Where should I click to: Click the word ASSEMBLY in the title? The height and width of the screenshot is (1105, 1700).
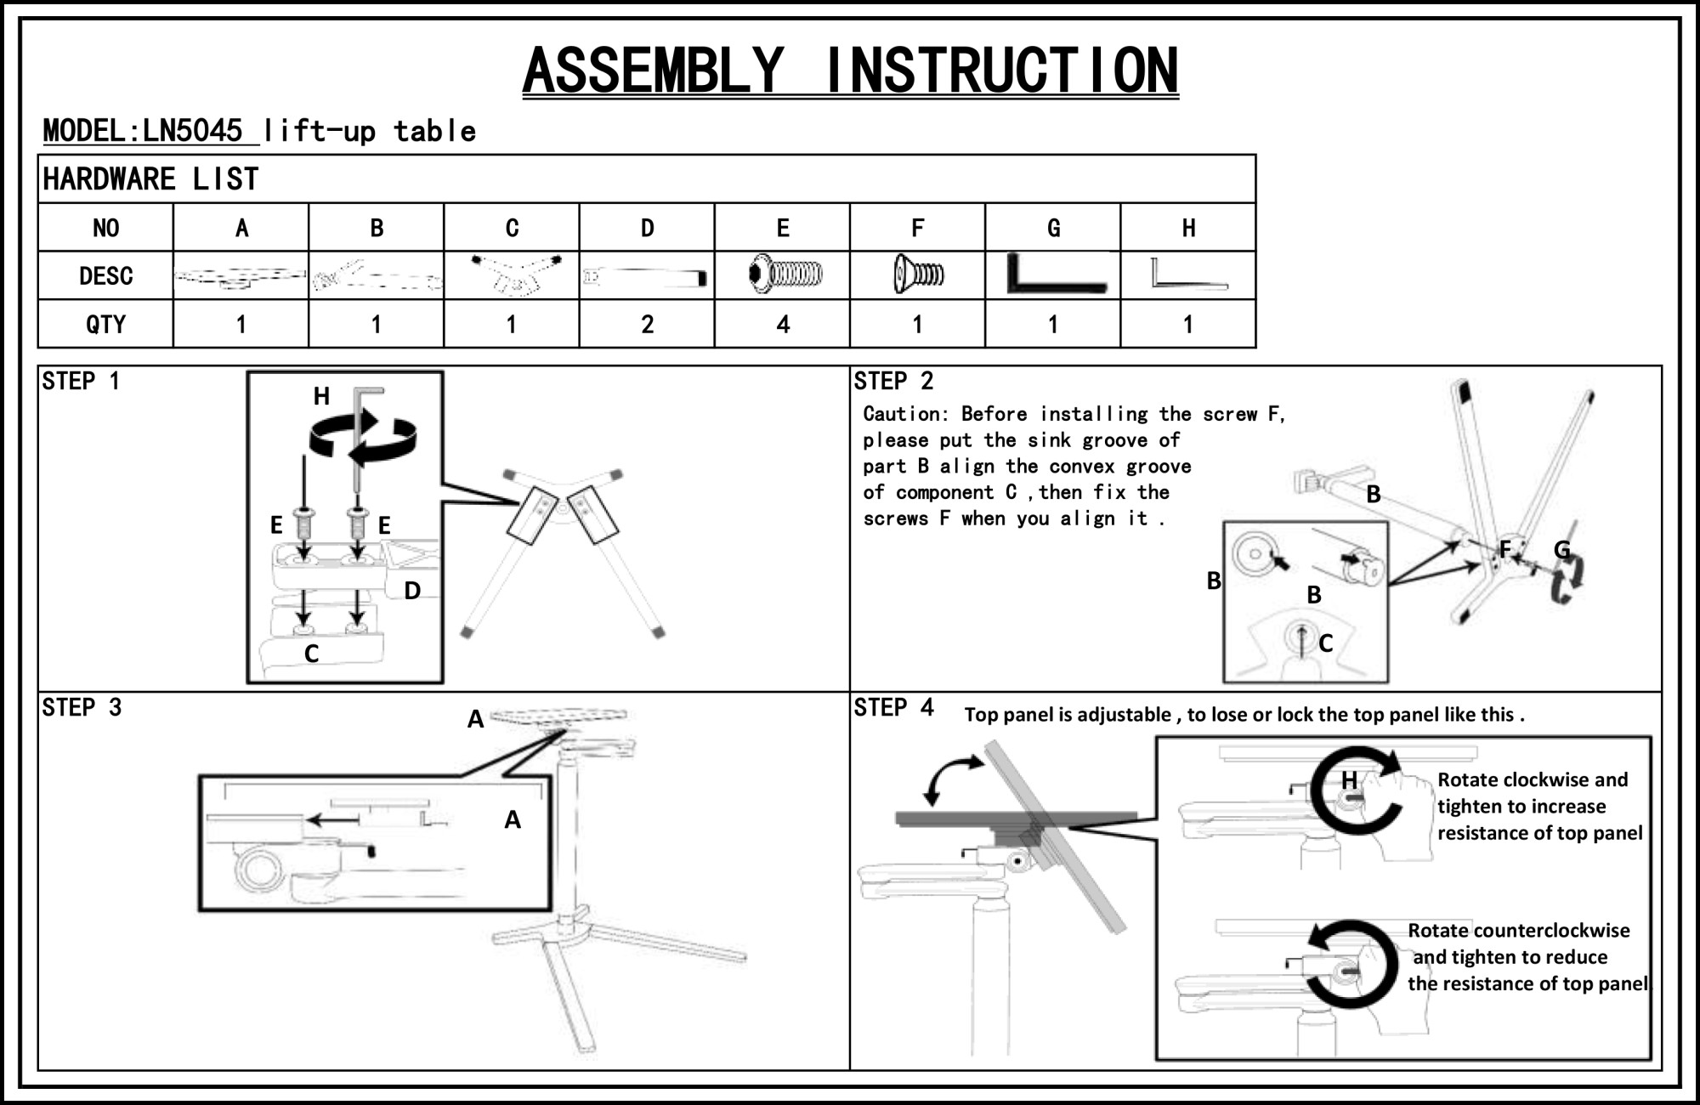[653, 70]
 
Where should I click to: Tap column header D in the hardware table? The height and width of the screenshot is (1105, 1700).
[647, 228]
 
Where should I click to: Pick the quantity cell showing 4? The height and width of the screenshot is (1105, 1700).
[782, 324]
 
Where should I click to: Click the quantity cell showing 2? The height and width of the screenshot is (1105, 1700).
[647, 324]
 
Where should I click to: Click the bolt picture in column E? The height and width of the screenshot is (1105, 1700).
[785, 275]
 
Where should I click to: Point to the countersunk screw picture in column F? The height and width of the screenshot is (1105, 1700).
[918, 275]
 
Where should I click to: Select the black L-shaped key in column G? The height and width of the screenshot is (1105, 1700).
[1054, 275]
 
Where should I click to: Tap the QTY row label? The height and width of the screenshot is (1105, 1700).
[105, 324]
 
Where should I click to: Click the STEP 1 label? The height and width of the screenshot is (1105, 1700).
[81, 381]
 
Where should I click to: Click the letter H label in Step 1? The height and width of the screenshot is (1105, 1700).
[321, 396]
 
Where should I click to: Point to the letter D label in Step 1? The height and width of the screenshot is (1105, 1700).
[412, 590]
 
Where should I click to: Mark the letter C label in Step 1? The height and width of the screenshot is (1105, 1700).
[311, 654]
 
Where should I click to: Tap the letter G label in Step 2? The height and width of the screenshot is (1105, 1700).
[1562, 550]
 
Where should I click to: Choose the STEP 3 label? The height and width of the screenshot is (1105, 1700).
[82, 707]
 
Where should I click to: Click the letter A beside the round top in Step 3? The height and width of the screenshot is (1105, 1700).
[475, 720]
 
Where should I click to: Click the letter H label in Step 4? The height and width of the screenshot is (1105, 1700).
[1349, 779]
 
